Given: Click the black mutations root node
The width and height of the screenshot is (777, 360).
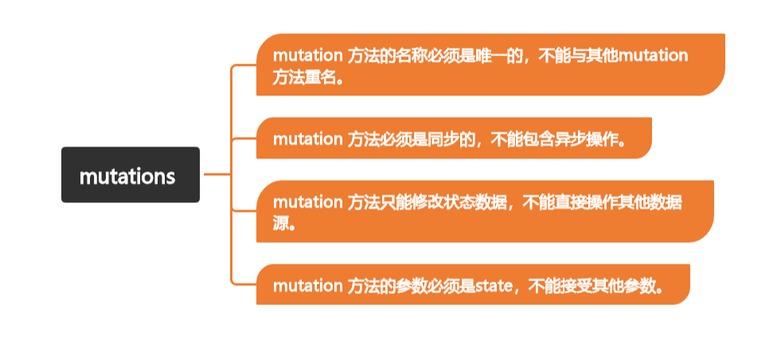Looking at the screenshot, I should click(x=130, y=175).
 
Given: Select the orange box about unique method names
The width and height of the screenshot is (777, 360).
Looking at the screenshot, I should click(x=490, y=65).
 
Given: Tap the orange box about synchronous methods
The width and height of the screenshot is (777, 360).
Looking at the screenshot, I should click(x=454, y=139).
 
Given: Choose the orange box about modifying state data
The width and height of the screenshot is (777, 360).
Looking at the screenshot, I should click(x=484, y=212).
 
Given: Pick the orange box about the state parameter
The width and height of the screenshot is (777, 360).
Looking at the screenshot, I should click(x=472, y=285).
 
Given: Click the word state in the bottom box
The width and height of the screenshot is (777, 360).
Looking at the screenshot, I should click(x=493, y=285).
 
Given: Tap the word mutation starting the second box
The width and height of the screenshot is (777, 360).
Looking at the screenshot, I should click(x=307, y=139).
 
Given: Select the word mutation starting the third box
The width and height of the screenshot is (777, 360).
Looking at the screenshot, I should click(x=307, y=202).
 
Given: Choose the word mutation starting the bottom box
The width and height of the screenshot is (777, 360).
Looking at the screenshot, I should click(x=307, y=285).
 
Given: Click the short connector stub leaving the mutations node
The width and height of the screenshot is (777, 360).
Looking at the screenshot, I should click(x=215, y=174).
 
